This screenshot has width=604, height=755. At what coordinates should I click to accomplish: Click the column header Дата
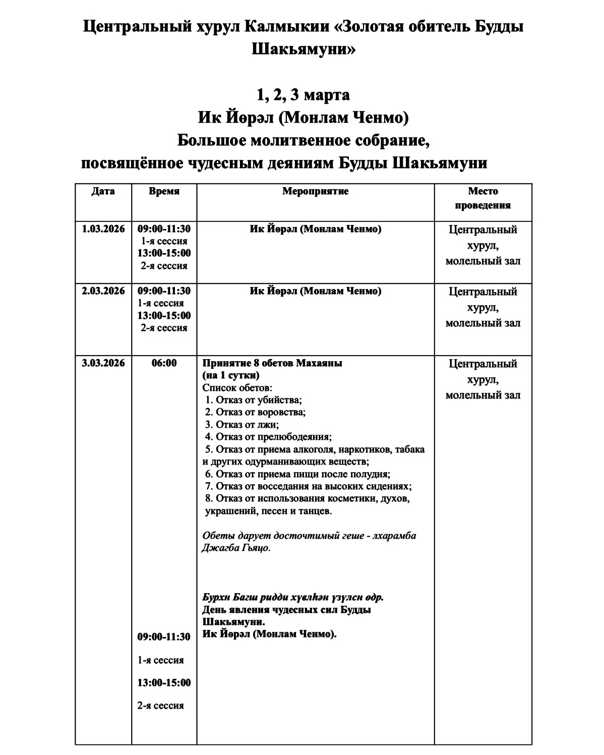(103, 191)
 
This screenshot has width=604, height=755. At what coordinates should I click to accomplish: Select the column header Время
(164, 191)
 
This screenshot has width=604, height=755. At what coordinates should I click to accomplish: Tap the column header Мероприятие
(315, 191)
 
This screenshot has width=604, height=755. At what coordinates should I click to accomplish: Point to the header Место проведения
(482, 198)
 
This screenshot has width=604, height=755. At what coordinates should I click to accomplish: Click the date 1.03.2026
(103, 229)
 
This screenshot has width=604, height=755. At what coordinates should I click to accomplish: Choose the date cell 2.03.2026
(103, 291)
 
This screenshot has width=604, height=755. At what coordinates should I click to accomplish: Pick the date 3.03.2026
(103, 363)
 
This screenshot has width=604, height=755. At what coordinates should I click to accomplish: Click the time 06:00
(164, 363)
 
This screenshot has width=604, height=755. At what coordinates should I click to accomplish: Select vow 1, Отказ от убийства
(254, 400)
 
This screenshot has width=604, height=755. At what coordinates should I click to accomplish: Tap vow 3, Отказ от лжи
(242, 425)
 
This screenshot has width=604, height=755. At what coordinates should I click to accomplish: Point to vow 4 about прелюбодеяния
(268, 437)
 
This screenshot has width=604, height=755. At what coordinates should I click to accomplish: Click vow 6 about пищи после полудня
(297, 474)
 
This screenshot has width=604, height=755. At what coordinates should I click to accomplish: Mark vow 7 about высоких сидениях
(308, 486)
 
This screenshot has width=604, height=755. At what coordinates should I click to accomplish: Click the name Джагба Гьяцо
(236, 548)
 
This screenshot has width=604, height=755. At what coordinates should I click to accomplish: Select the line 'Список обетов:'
(237, 388)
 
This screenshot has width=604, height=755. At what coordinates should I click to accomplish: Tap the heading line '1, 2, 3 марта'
(303, 95)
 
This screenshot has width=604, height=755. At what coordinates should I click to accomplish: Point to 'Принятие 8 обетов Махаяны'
(272, 363)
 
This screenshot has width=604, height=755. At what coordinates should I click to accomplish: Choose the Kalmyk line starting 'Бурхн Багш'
(293, 597)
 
